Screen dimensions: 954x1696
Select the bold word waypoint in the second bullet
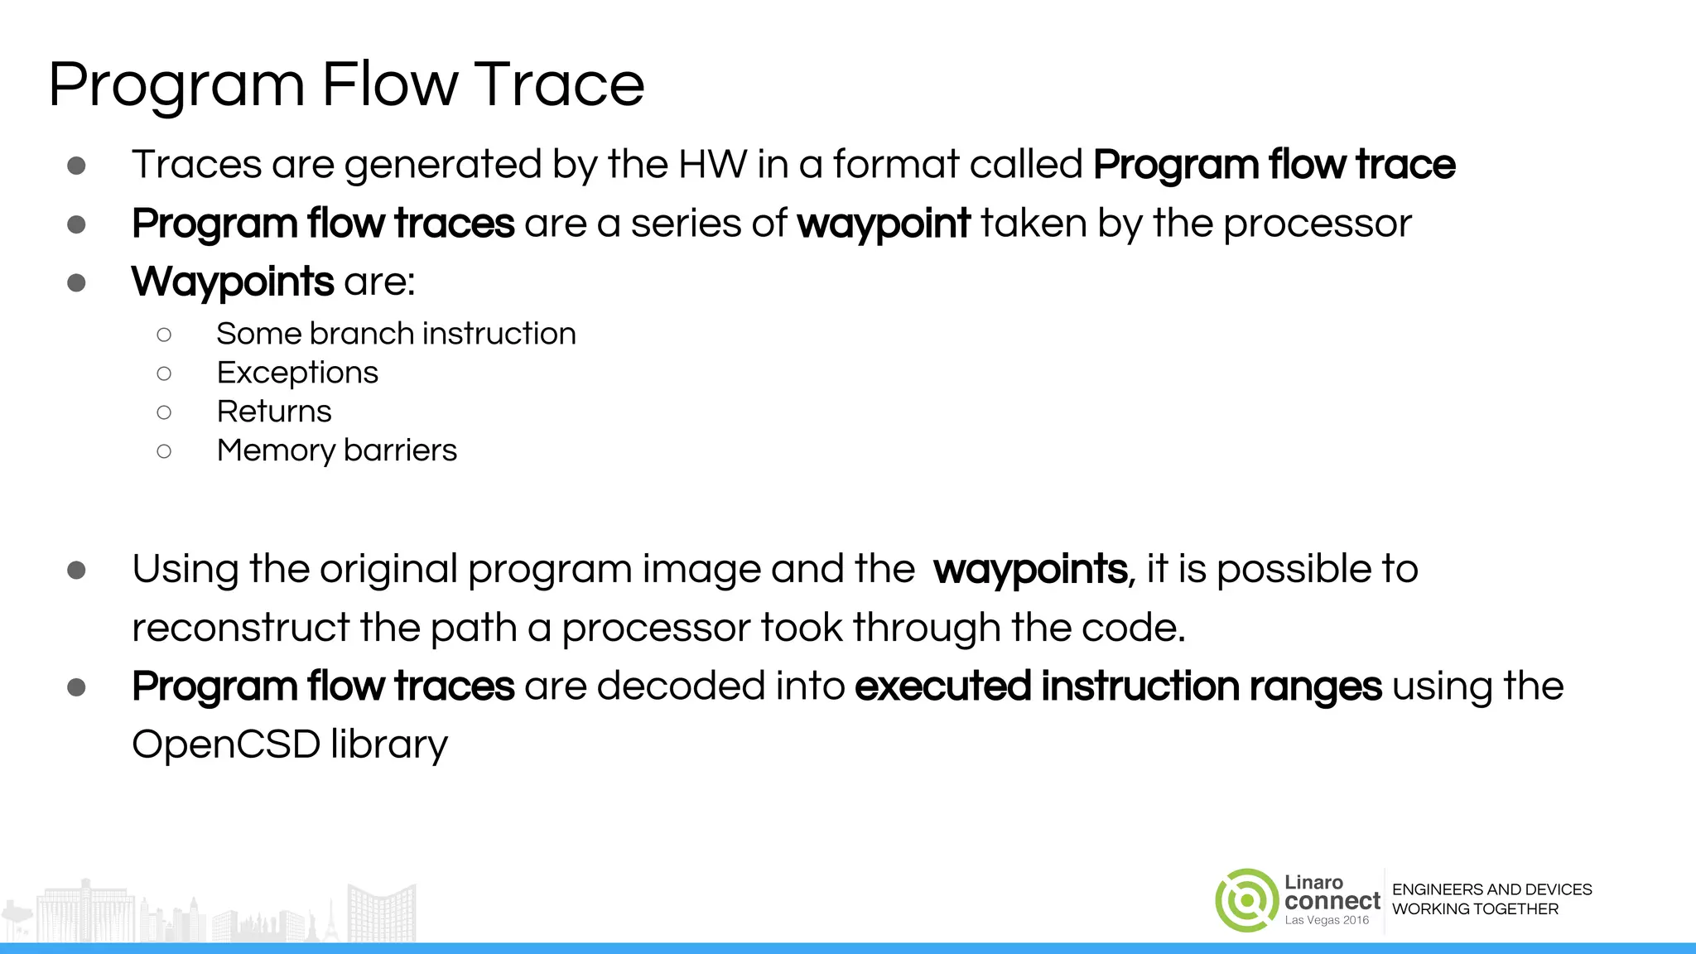point(883,224)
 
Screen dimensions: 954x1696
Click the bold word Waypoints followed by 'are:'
point(233,282)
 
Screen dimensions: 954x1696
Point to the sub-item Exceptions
point(297,373)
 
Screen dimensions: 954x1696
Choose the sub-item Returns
point(274,412)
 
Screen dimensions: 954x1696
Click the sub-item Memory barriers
point(336,450)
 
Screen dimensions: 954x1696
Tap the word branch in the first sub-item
point(363,334)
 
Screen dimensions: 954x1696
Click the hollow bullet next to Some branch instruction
point(164,335)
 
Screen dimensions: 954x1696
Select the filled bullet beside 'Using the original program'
point(77,570)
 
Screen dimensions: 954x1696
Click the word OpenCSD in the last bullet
point(225,744)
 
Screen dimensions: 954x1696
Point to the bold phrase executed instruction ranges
point(1118,686)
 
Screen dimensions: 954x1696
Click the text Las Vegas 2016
point(1327,920)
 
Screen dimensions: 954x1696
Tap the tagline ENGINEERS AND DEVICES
point(1491,889)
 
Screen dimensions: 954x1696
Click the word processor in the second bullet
point(1318,224)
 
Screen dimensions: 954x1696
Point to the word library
point(389,744)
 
